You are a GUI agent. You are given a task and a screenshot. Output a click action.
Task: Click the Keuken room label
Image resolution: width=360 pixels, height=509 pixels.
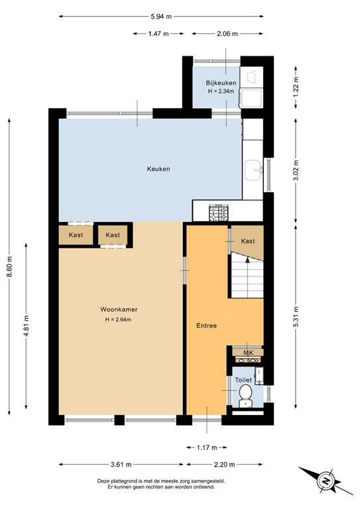(158, 169)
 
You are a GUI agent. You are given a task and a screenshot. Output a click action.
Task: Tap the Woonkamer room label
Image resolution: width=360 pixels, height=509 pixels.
(119, 310)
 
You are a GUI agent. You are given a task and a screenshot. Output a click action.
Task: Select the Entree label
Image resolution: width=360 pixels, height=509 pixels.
(207, 325)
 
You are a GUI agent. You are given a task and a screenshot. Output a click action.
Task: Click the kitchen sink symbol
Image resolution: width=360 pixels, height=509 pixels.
(253, 170)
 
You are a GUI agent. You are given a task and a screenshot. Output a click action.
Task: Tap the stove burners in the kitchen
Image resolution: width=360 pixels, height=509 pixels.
(217, 213)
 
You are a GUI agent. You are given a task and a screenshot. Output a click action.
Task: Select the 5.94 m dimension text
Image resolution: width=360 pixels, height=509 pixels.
(160, 16)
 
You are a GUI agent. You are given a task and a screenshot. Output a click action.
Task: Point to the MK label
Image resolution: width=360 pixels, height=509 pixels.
(249, 353)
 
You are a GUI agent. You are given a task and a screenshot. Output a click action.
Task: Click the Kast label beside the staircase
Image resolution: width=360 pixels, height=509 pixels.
(248, 241)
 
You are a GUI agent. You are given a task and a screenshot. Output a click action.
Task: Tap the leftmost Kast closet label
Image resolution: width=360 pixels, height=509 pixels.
(75, 235)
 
